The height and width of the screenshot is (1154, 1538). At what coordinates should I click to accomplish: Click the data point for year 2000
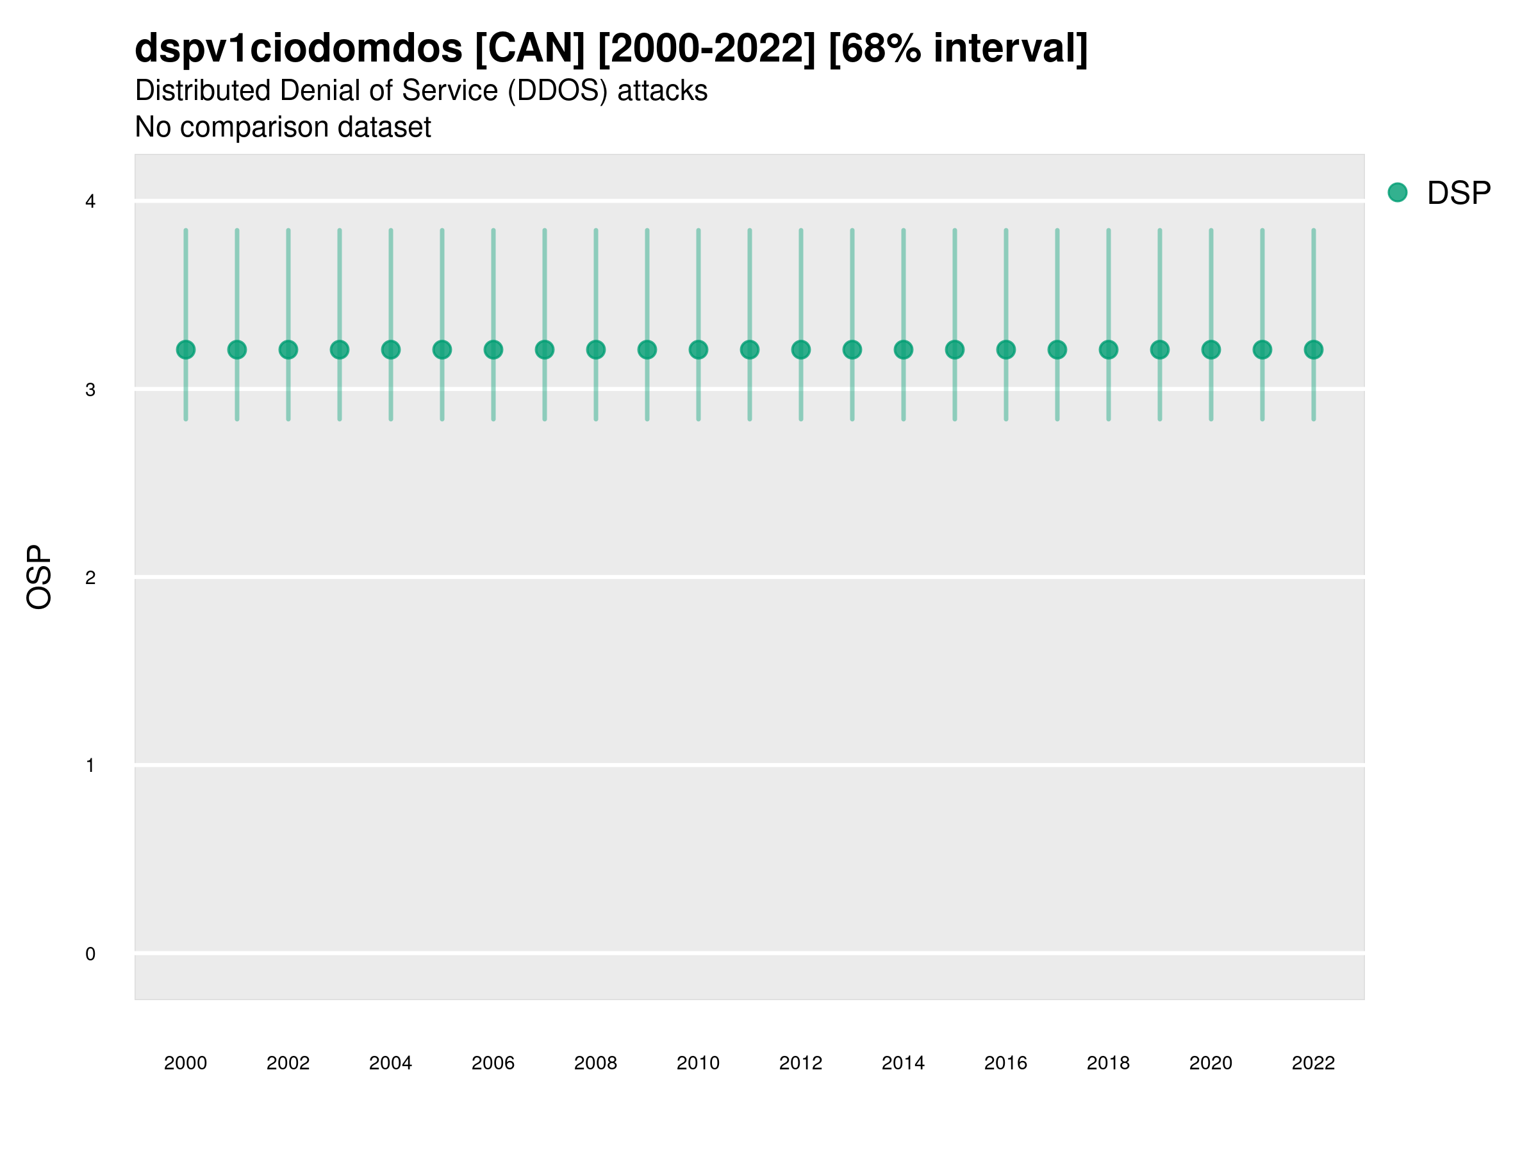(x=186, y=349)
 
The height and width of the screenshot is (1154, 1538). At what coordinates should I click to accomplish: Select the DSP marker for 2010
(x=698, y=349)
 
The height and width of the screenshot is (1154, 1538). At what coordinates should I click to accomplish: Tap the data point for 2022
(x=1314, y=349)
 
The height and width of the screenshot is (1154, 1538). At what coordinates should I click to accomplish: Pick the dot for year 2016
(x=1006, y=349)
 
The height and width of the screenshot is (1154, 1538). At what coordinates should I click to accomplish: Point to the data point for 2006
(x=493, y=349)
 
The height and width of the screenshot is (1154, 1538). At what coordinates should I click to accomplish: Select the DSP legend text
(x=1459, y=194)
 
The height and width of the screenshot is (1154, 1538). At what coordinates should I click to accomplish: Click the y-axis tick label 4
(x=90, y=202)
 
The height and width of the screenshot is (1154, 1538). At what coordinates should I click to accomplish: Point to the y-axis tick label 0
(x=90, y=954)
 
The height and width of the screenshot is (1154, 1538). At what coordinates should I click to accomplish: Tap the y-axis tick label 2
(x=90, y=578)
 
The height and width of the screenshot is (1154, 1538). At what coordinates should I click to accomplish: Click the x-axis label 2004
(x=390, y=1063)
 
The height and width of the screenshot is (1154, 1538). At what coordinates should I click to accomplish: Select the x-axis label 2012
(x=800, y=1063)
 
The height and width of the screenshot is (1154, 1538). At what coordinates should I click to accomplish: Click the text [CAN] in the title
(x=530, y=49)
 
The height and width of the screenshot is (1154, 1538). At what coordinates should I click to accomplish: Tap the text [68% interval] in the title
(x=958, y=49)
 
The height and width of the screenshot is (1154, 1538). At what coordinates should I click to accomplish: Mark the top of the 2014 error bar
(x=903, y=230)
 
